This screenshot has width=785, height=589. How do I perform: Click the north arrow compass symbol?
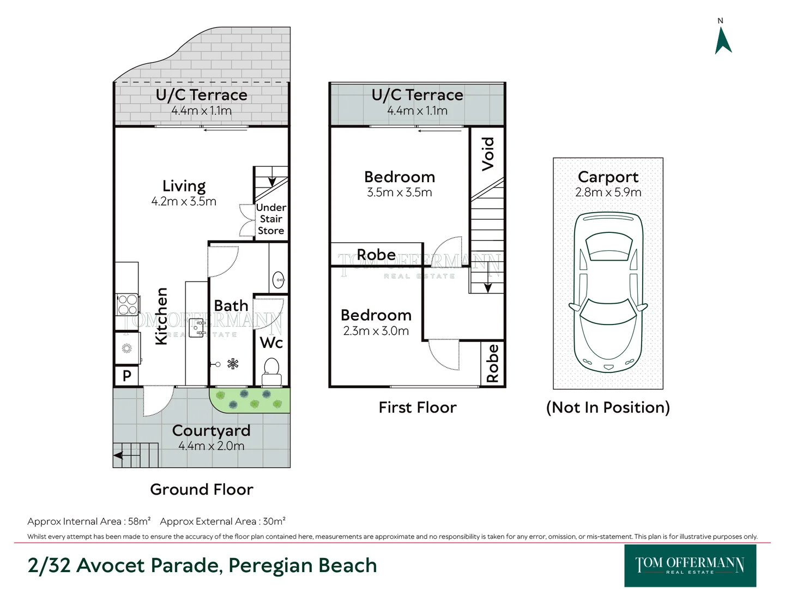(x=723, y=40)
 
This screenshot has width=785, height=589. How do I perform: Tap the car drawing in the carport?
(x=608, y=292)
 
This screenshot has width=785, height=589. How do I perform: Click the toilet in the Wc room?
(x=271, y=371)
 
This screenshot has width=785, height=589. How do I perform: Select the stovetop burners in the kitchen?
(x=128, y=305)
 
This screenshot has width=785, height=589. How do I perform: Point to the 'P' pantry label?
(x=126, y=376)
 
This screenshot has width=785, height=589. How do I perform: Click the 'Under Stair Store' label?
(x=271, y=219)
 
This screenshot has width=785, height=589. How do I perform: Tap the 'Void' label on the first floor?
(x=488, y=154)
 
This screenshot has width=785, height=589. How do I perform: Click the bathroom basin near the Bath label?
(x=279, y=280)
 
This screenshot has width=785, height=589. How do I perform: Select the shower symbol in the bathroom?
(x=233, y=364)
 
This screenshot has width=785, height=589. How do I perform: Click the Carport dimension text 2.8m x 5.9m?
(x=608, y=193)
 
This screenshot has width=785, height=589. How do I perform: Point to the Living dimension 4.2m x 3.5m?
(x=184, y=201)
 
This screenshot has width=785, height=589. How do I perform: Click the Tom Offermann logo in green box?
(x=690, y=566)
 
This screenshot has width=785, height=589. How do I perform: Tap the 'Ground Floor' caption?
(x=202, y=490)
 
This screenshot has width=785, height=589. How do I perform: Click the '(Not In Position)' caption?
(x=608, y=407)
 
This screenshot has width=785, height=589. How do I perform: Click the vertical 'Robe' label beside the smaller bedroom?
(x=492, y=363)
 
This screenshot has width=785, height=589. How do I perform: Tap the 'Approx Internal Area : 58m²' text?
(x=89, y=521)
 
